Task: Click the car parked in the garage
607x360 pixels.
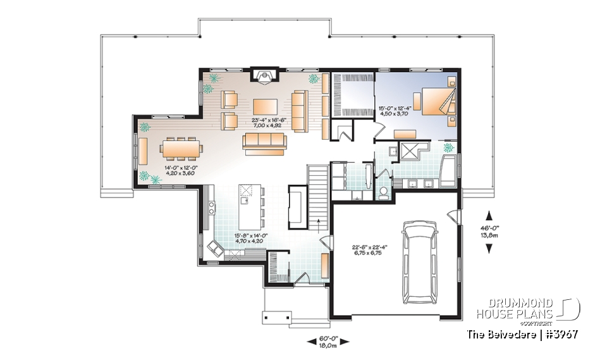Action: coord(419,260)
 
